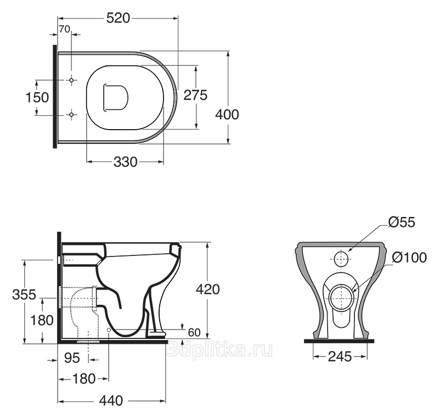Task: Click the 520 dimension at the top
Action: tap(118, 19)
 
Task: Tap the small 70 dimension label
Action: tap(64, 29)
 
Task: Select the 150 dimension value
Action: tap(37, 97)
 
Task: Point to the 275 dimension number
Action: tap(195, 95)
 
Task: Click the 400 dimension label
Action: tap(227, 115)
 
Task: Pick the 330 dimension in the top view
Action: tap(126, 162)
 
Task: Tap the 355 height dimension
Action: tap(24, 294)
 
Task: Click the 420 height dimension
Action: tap(208, 289)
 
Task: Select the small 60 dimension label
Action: tap(194, 332)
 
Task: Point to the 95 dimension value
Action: tap(72, 358)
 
